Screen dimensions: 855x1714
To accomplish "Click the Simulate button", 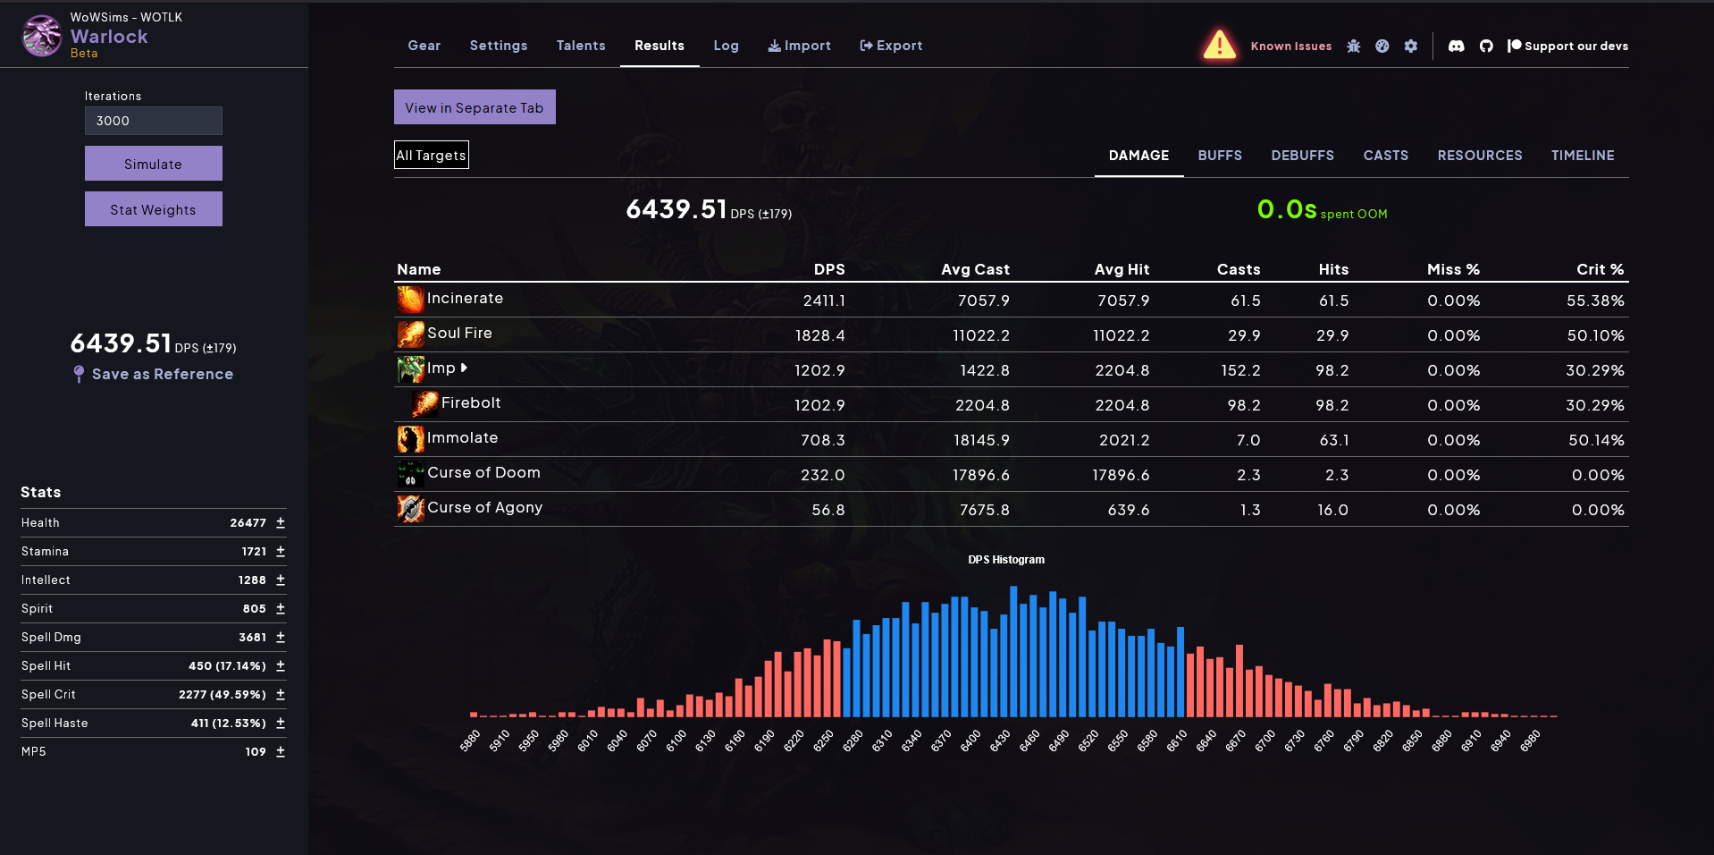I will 153,164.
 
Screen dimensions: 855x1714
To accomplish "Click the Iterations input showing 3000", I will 153,121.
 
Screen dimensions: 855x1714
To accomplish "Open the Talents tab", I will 581,46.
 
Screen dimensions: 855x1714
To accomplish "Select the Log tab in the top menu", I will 726,46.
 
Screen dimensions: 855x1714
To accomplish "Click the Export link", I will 891,46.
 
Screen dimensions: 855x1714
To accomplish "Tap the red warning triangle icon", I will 1219,45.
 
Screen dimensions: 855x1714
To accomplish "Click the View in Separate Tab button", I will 475,107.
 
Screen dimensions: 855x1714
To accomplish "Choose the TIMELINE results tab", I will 1583,156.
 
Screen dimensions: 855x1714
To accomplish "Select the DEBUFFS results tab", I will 1302,156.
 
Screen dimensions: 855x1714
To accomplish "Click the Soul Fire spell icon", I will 410,334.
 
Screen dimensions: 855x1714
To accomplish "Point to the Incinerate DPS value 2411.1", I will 824,301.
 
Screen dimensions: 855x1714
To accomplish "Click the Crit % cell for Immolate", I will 1595,440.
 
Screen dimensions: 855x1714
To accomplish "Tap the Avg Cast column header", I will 975,269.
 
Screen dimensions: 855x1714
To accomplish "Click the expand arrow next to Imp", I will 464,368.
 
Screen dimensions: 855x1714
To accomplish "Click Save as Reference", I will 162,374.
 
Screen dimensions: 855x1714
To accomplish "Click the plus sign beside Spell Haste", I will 281,723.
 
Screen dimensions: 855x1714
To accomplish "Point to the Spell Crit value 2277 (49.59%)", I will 223,694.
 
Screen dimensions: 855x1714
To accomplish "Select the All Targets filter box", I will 432,155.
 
